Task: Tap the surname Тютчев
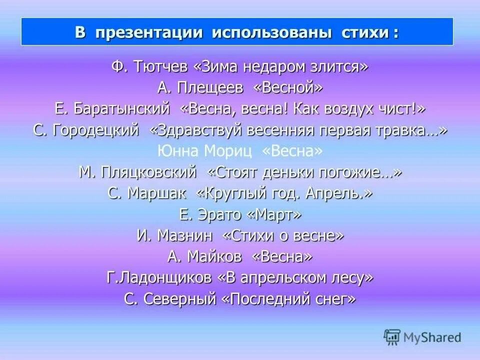(159, 66)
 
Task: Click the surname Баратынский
(121, 109)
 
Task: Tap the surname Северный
(180, 299)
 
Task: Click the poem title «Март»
(274, 215)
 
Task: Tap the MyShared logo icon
(392, 337)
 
